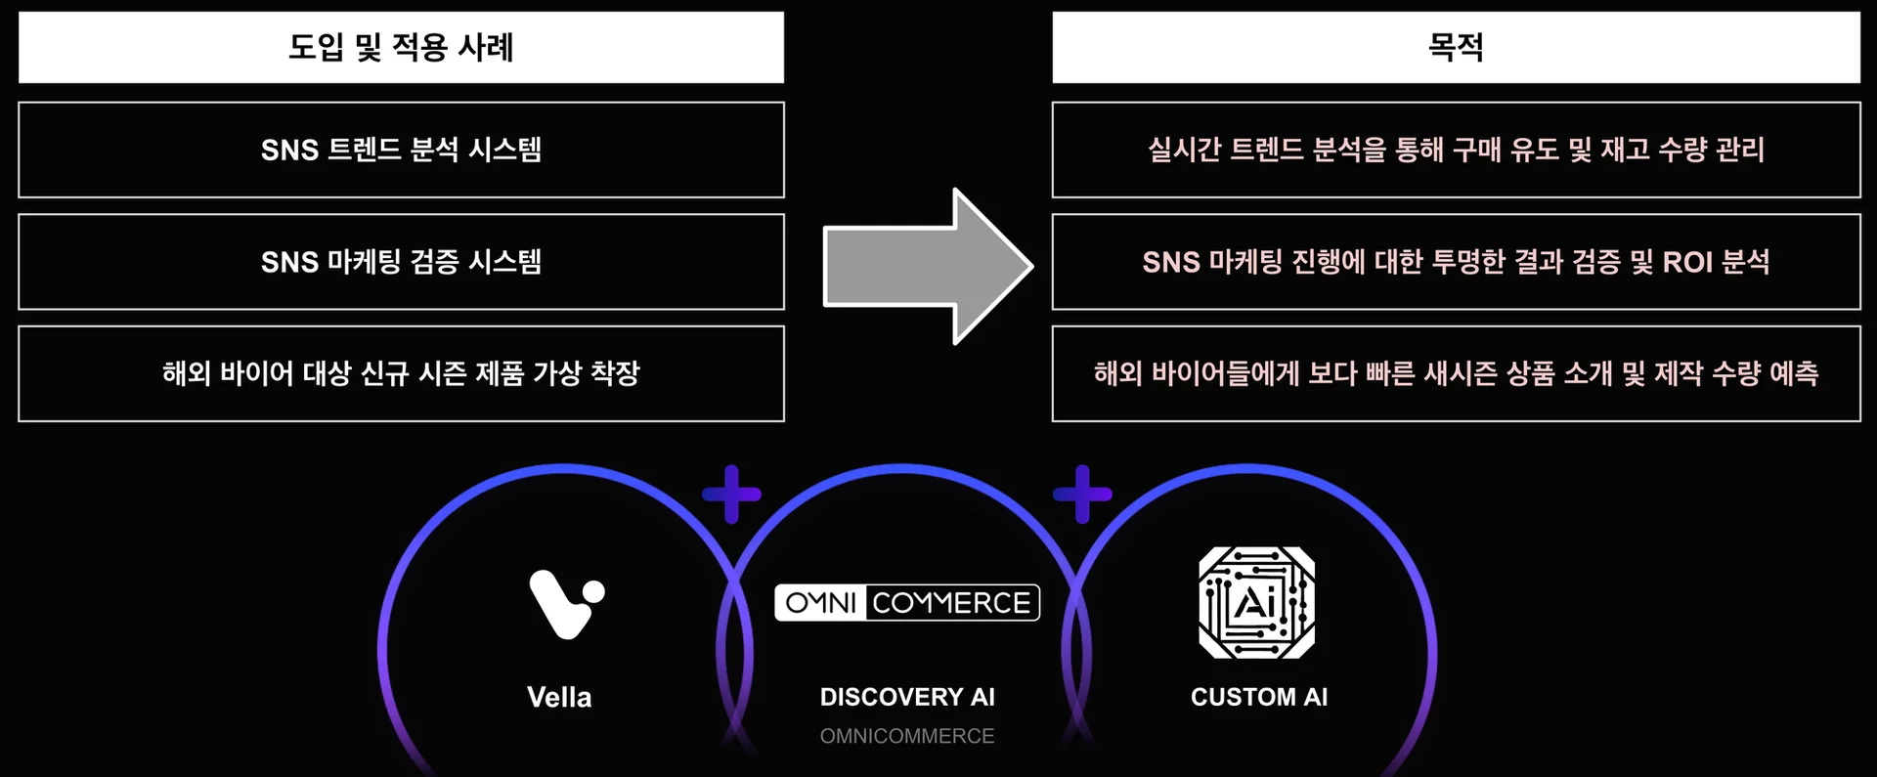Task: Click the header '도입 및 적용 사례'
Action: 401,47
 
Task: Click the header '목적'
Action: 1456,47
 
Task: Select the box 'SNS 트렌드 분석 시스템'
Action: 401,150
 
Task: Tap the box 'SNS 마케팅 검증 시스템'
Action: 401,262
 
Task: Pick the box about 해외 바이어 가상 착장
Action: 401,373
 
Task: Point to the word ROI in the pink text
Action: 1687,262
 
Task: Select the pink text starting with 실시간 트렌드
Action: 1456,150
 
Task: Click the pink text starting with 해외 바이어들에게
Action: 1456,373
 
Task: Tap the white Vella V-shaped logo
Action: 565,603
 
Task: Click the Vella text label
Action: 559,697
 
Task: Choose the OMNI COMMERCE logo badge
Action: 906,603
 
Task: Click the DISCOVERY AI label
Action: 906,697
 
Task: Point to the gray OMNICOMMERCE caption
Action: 906,736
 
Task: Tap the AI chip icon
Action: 1256,602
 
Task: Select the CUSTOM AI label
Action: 1258,697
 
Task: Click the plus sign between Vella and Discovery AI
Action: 731,494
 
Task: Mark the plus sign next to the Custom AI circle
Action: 1082,494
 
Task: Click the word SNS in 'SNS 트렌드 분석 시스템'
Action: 289,151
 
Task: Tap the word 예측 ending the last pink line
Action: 1794,373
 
